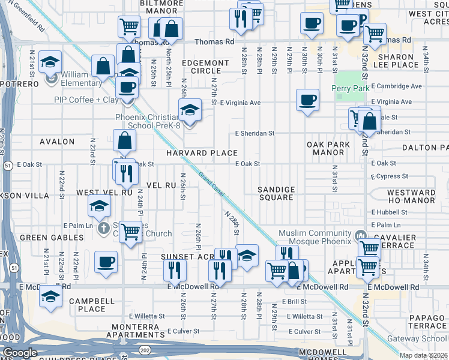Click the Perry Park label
pyautogui.click(x=348, y=88)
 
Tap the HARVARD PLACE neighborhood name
pyautogui.click(x=202, y=153)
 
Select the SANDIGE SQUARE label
pyautogui.click(x=276, y=193)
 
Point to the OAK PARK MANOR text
pyautogui.click(x=325, y=149)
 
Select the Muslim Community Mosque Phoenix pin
pyautogui.click(x=360, y=233)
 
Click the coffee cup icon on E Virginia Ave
pyautogui.click(x=307, y=99)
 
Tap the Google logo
pyautogui.click(x=20, y=353)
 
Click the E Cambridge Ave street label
pyautogui.click(x=396, y=86)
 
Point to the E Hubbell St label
pyautogui.click(x=390, y=212)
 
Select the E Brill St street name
pyautogui.click(x=294, y=302)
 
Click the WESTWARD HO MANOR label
pyautogui.click(x=411, y=197)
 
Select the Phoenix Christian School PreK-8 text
pyautogui.click(x=153, y=122)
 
